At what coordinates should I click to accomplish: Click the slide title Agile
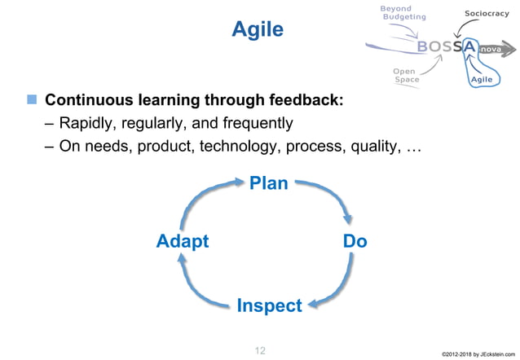258,30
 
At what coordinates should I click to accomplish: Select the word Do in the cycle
355,241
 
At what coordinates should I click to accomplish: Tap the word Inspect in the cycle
269,305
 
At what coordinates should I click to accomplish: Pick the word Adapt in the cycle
183,241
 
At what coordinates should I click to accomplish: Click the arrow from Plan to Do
330,195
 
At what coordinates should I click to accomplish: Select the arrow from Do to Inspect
338,285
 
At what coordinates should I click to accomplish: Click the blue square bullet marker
32,100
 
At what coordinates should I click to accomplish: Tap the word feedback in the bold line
302,101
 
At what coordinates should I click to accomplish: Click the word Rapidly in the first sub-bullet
90,124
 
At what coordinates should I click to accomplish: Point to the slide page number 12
260,350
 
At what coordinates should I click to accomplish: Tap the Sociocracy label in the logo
487,14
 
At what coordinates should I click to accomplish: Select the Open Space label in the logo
406,75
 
